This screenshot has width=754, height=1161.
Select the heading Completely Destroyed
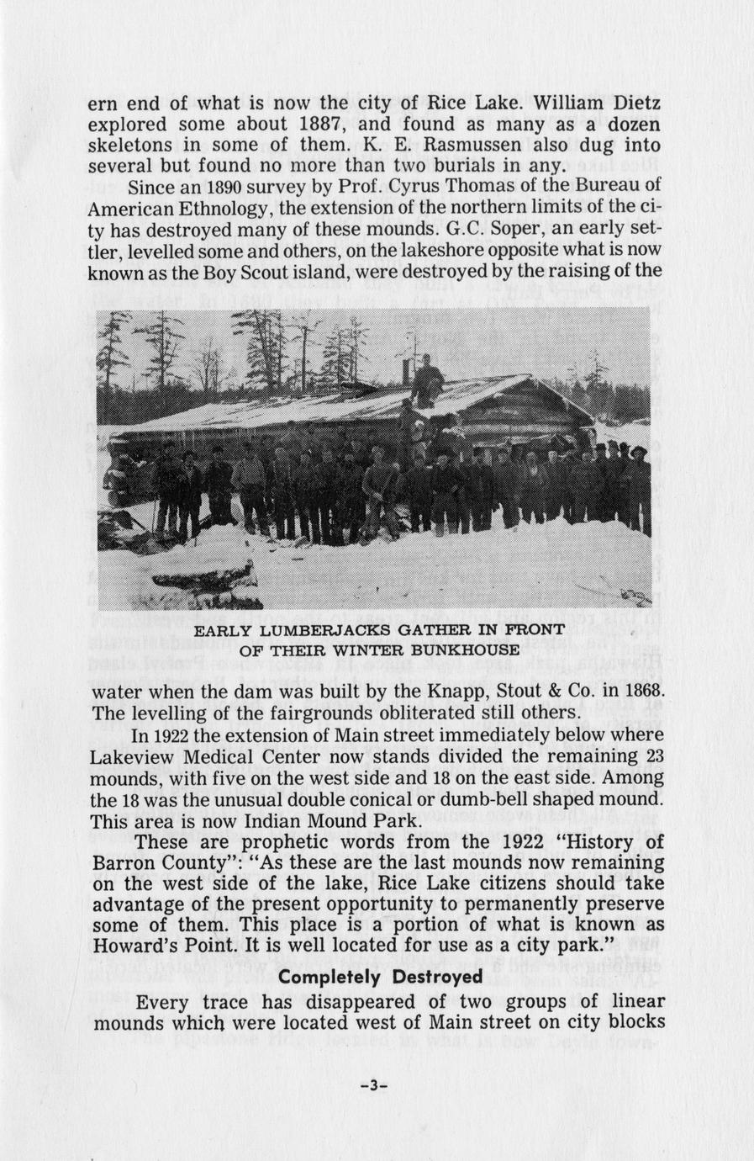380,977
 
